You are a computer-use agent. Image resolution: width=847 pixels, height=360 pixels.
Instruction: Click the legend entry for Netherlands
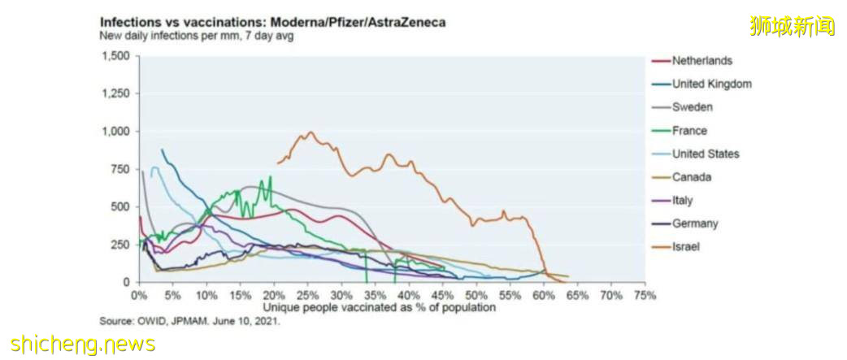click(701, 61)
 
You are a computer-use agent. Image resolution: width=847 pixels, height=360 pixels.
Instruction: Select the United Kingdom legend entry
click(711, 84)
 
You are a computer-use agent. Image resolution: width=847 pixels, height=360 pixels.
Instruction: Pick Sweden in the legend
click(693, 107)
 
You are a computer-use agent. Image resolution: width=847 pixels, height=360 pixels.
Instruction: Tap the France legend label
click(689, 131)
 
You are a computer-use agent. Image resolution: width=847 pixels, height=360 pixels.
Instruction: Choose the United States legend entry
click(706, 154)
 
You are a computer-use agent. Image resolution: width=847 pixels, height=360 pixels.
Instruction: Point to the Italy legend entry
click(683, 201)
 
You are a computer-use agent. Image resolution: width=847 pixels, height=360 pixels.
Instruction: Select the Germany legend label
click(695, 224)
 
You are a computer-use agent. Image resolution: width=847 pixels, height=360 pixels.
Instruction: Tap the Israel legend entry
click(685, 247)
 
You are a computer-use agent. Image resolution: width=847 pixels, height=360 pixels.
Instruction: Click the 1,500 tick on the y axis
click(115, 56)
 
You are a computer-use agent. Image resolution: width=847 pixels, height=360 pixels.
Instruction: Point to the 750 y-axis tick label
click(120, 169)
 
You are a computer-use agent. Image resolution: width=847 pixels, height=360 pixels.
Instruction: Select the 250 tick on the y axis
click(120, 245)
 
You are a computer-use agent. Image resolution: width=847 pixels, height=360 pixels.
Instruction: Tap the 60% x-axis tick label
click(544, 294)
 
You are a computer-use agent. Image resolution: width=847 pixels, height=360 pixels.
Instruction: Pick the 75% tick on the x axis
click(645, 294)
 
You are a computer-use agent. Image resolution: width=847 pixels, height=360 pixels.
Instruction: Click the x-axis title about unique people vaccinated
click(380, 308)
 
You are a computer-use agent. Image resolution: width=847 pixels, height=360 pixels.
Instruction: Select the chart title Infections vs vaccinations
click(271, 23)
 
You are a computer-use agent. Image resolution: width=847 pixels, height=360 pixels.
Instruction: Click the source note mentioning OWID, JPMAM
click(189, 321)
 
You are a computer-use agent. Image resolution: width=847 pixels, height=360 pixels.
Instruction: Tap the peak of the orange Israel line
click(310, 132)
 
